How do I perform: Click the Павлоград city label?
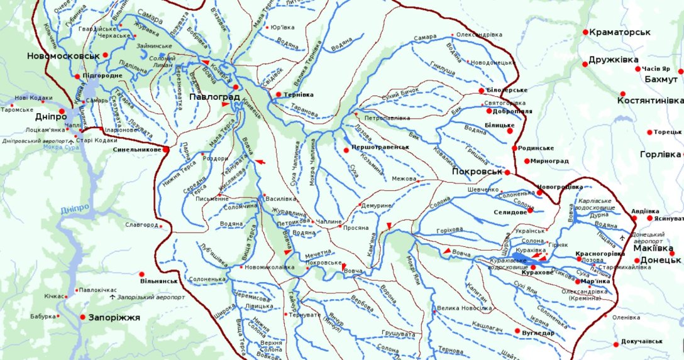(x=211, y=97)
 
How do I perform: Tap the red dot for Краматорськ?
(x=585, y=32)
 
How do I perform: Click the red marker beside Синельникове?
(x=166, y=150)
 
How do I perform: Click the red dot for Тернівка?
(x=278, y=95)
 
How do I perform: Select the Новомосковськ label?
(x=63, y=55)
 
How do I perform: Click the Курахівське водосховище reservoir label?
(x=509, y=263)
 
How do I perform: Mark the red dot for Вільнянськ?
(x=142, y=274)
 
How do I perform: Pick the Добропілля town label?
(x=512, y=111)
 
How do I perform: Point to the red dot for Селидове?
(x=530, y=210)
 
